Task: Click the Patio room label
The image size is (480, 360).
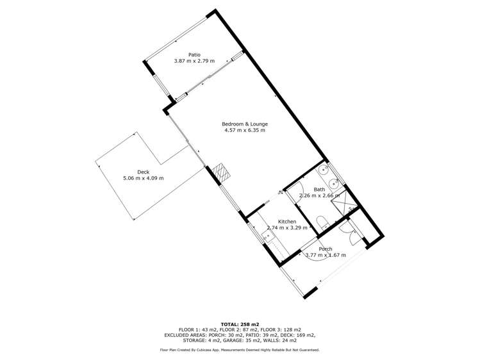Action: (194, 54)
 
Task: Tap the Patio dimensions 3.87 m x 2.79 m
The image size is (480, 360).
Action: (194, 61)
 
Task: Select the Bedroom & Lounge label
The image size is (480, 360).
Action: (245, 124)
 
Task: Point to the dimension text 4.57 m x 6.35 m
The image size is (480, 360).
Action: (245, 130)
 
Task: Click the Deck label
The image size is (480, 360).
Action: (143, 171)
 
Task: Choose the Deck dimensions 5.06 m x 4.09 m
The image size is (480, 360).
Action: (143, 178)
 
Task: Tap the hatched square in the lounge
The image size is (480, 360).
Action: (221, 172)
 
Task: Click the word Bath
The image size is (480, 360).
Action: (319, 190)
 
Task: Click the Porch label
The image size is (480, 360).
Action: (326, 249)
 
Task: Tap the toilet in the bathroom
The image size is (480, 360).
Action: (324, 224)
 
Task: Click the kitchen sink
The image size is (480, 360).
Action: (268, 238)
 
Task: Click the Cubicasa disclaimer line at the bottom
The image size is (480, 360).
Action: (240, 350)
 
